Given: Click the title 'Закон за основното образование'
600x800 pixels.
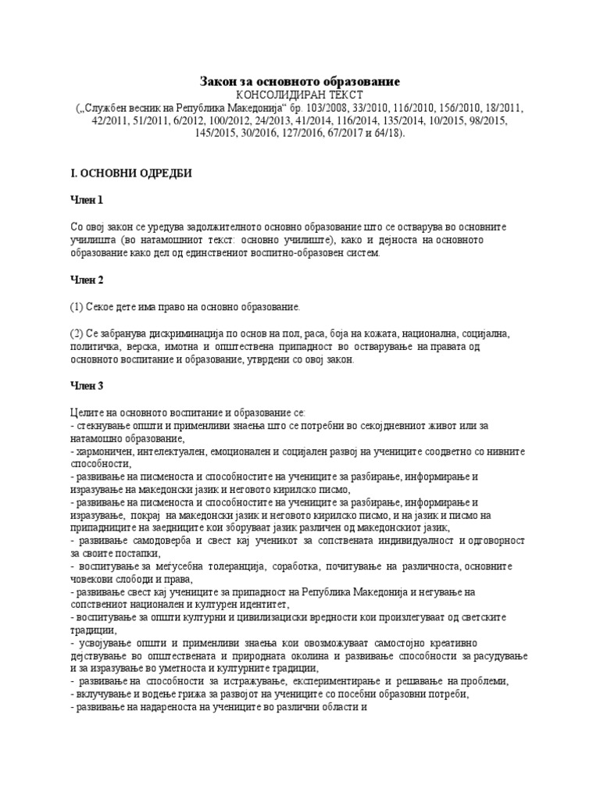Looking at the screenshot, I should click(x=299, y=81).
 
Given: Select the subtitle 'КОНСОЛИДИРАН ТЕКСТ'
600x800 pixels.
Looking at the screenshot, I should click(x=299, y=95).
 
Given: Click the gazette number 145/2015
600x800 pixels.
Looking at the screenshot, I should click(x=217, y=134).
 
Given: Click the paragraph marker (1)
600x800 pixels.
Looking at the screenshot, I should click(x=77, y=307).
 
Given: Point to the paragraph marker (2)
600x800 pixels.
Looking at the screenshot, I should click(x=77, y=334).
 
